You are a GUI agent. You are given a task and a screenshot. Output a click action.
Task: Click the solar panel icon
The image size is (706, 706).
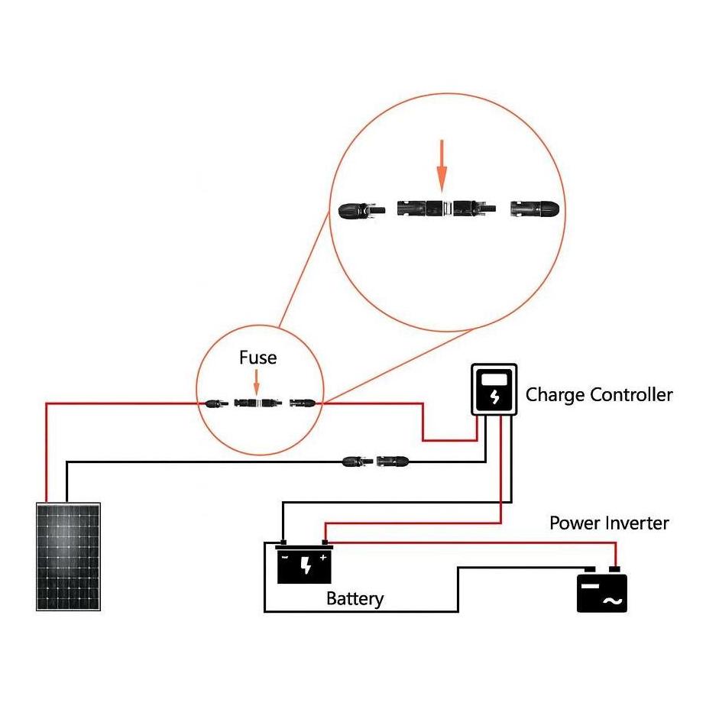click(x=69, y=555)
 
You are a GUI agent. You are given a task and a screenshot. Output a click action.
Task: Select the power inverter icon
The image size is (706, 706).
click(x=601, y=590)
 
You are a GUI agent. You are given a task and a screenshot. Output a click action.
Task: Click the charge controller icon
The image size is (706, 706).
click(x=494, y=390)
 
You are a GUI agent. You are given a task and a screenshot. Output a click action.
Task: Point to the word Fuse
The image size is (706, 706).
click(x=257, y=358)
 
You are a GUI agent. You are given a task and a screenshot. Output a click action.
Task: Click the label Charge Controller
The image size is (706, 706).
click(x=599, y=395)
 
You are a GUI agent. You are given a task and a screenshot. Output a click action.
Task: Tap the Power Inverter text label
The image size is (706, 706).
click(x=609, y=523)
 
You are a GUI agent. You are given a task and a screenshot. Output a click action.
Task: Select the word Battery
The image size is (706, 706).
click(x=355, y=598)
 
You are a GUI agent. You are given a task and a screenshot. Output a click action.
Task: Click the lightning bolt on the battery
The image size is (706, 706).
click(x=306, y=565)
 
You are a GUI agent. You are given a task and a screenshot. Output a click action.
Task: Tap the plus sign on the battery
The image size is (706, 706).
click(x=323, y=558)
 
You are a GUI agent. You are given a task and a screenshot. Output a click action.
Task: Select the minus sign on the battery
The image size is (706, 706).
click(x=286, y=558)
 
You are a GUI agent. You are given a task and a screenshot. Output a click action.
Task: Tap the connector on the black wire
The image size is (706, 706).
click(x=376, y=461)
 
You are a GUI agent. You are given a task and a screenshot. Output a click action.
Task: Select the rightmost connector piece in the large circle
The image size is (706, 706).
click(x=536, y=208)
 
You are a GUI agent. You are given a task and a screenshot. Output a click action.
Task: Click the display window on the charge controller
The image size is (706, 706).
click(x=494, y=378)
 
